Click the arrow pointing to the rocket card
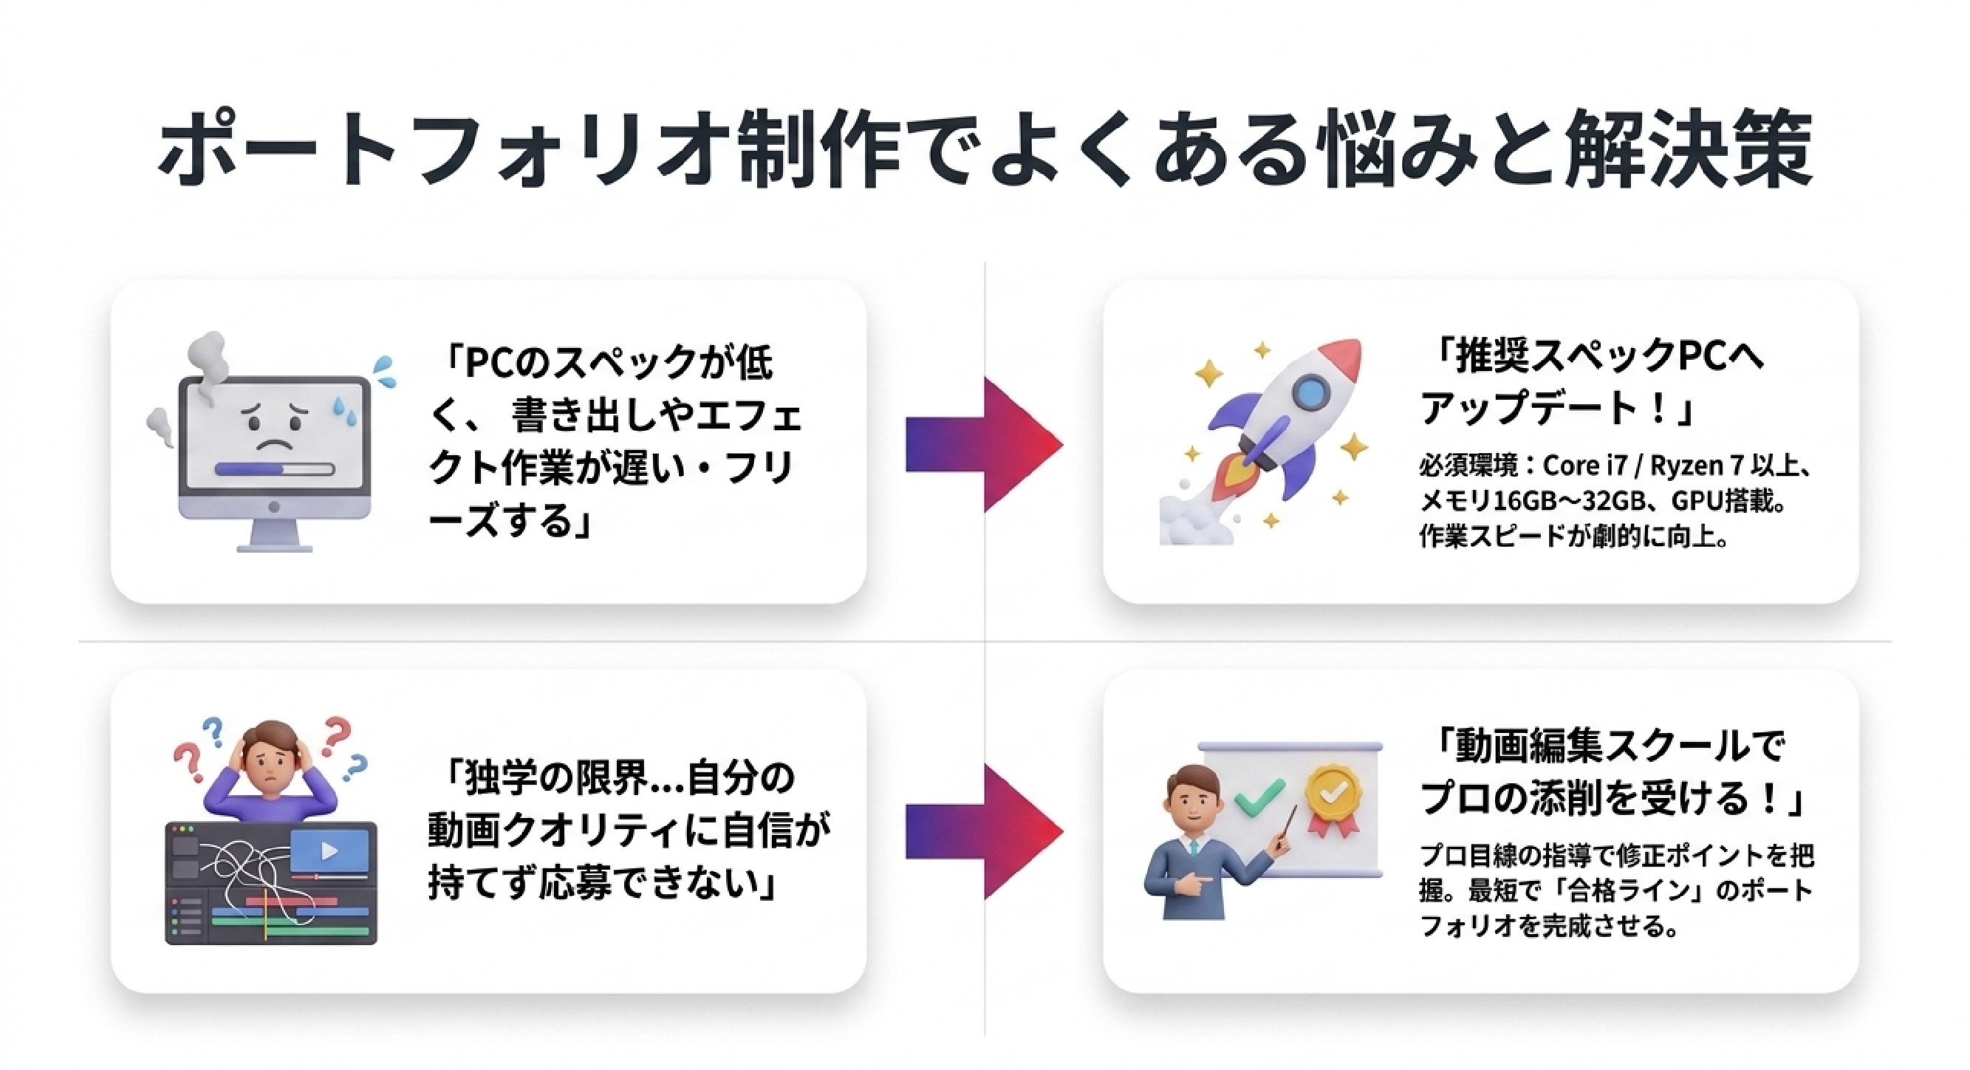pos(984,445)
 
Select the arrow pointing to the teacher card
pos(984,831)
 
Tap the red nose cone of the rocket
pos(1343,359)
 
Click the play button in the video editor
pos(329,851)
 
